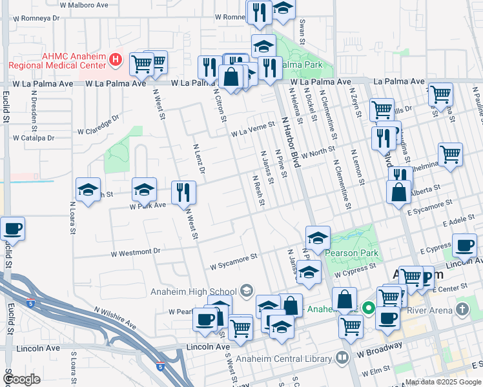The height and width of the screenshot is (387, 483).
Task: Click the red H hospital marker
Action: point(116,60)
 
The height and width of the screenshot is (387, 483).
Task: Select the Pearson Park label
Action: point(352,253)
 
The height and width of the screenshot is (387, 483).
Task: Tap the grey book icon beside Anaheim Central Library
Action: point(343,357)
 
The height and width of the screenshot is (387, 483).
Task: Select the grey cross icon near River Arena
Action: point(462,310)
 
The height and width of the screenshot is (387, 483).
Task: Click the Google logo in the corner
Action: point(21,379)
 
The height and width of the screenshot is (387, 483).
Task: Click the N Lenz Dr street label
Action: point(199,158)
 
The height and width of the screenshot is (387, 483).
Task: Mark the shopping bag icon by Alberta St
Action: point(399,192)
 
